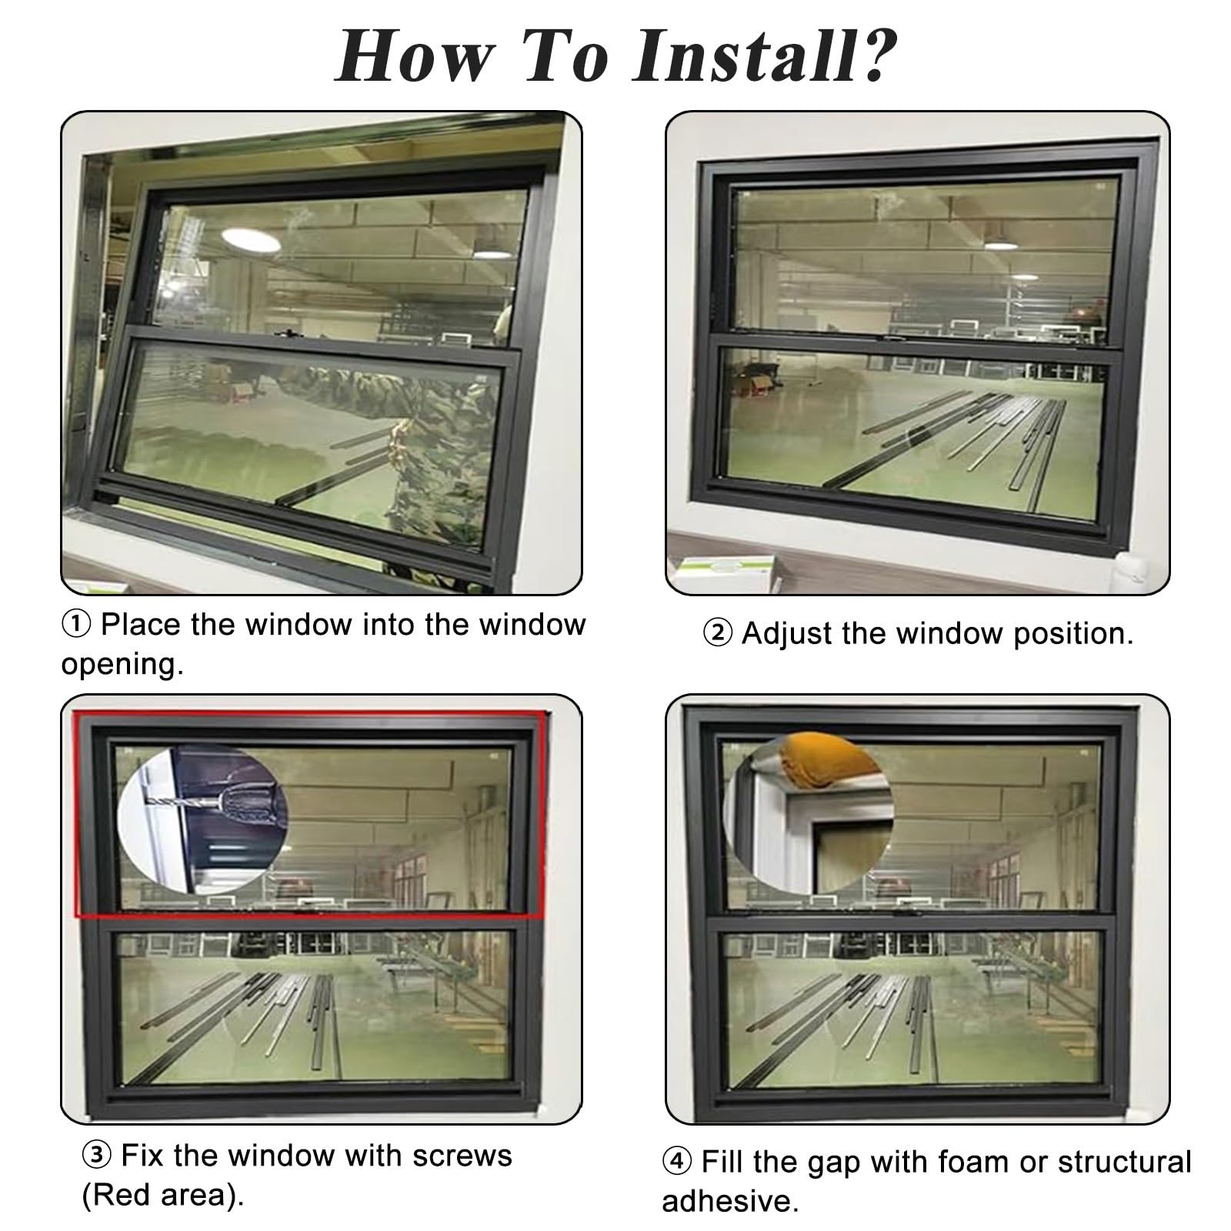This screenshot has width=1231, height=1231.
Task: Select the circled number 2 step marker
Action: coord(717,635)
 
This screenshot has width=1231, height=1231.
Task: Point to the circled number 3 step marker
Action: coord(98,1156)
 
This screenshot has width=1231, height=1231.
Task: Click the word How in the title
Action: coord(413,57)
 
